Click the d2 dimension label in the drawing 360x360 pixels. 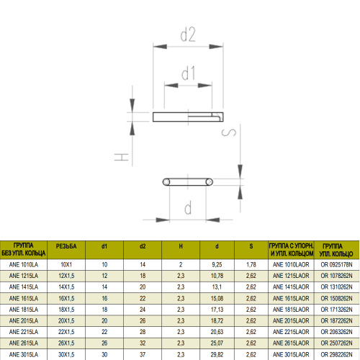pyautogui.click(x=188, y=35)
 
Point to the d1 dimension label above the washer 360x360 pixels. pyautogui.click(x=189, y=73)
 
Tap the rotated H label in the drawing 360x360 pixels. pyautogui.click(x=122, y=157)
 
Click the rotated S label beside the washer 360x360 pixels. pyautogui.click(x=229, y=132)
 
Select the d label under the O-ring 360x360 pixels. pyautogui.click(x=188, y=207)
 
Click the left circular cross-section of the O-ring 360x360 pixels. pyautogui.click(x=166, y=182)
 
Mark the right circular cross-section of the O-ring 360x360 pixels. pyautogui.click(x=209, y=182)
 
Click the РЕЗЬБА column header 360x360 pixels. pyautogui.click(x=66, y=246)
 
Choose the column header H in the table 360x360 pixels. pyautogui.click(x=181, y=246)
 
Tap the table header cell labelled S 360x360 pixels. pyautogui.click(x=251, y=246)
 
